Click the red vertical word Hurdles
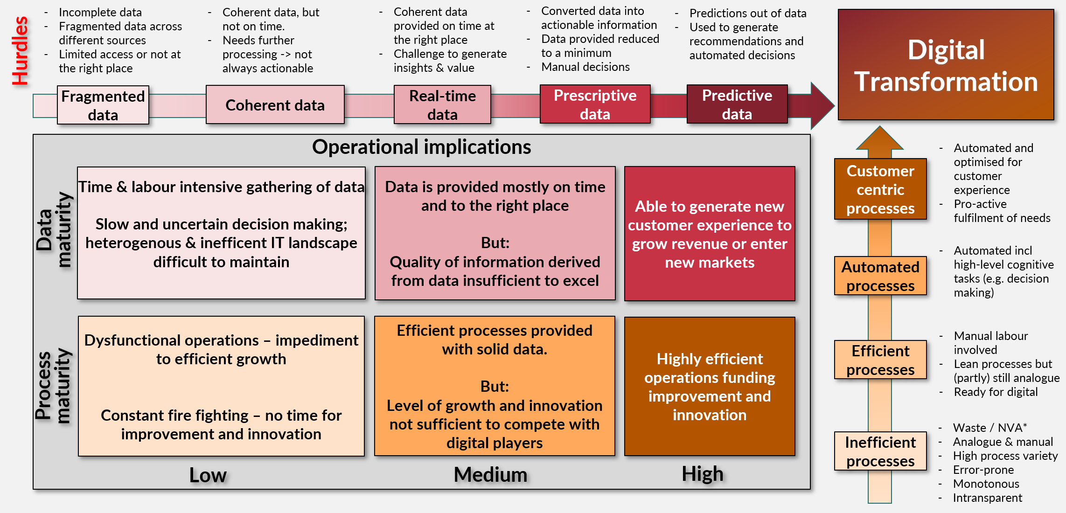tap(20, 50)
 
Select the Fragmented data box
tap(103, 105)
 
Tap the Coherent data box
tap(275, 105)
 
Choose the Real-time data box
tap(442, 105)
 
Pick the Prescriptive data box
tap(595, 104)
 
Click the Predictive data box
tap(737, 104)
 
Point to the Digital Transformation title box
tap(946, 65)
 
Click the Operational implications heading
tap(421, 147)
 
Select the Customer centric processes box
tap(880, 189)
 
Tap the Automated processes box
tap(880, 276)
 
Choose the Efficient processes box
tap(880, 360)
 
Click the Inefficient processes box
tap(880, 451)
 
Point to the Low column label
tap(208, 475)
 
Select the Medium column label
tap(490, 475)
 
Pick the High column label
tap(702, 474)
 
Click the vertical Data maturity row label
tap(54, 230)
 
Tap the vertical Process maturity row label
tap(53, 386)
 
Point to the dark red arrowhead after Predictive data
tap(822, 105)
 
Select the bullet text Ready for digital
tap(996, 392)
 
